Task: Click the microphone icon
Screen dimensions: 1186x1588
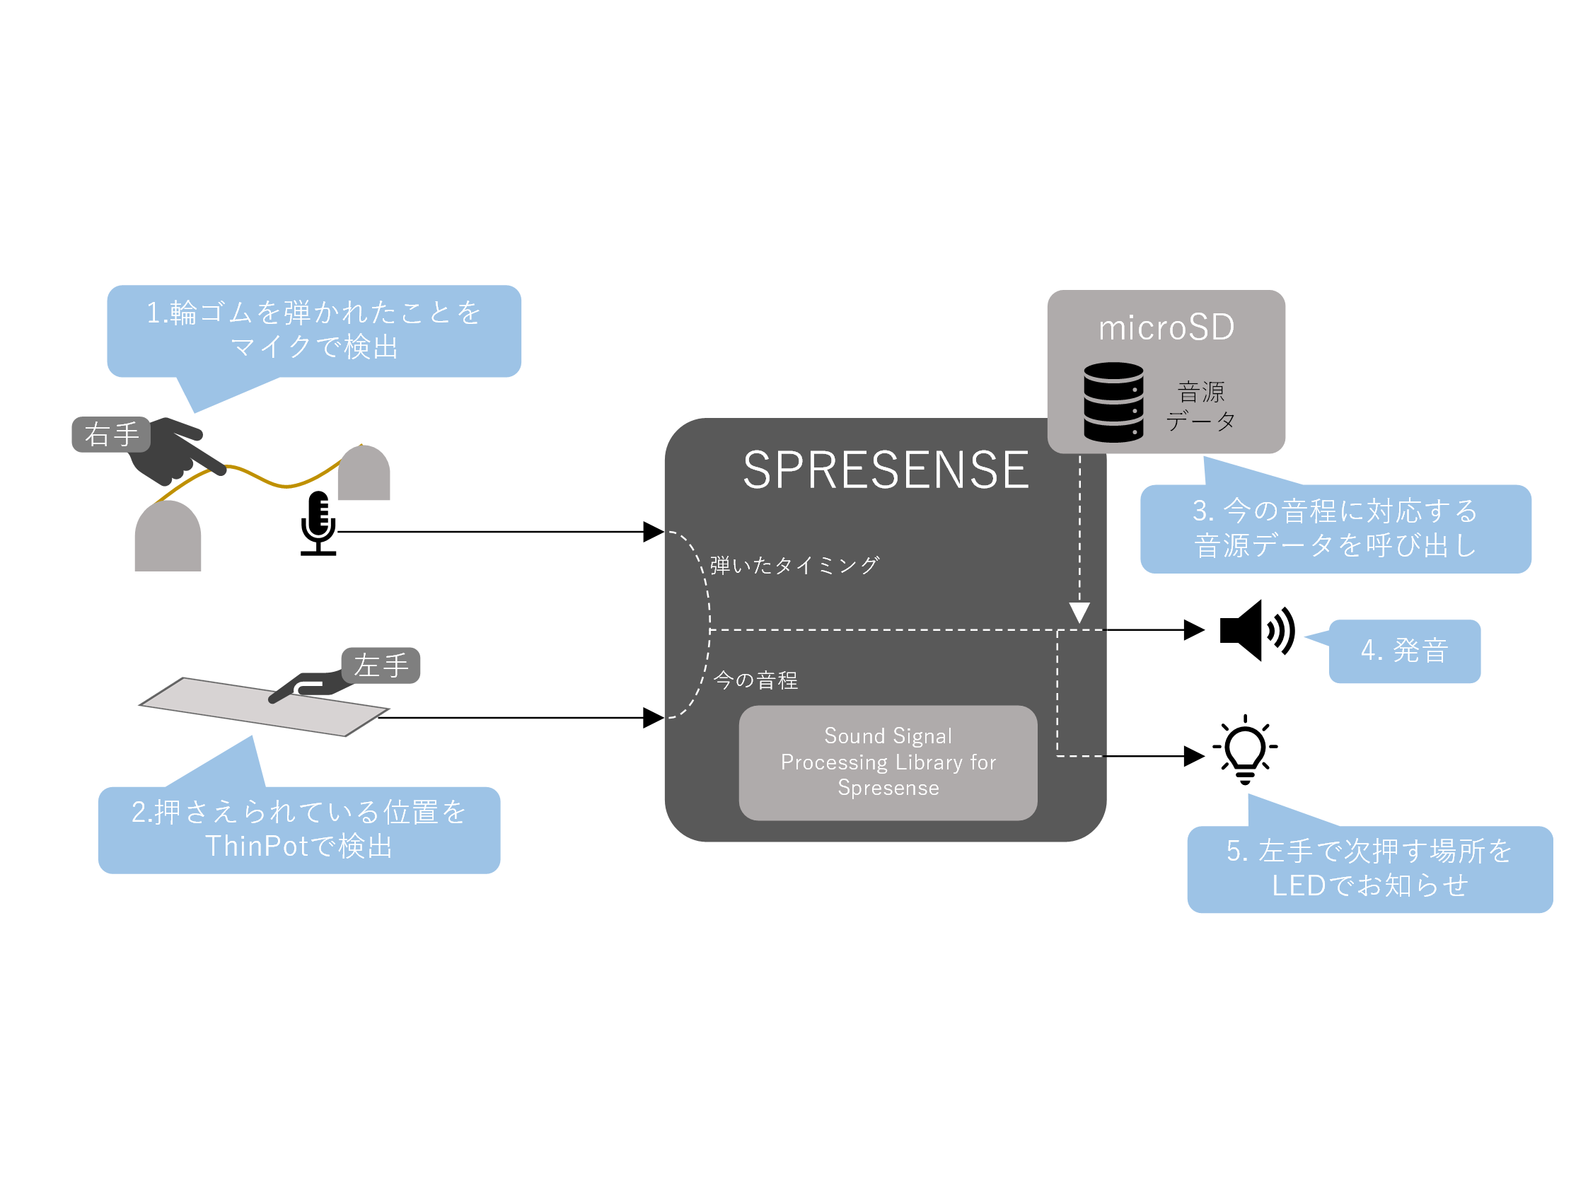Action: point(318,523)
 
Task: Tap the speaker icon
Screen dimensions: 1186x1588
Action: point(1256,630)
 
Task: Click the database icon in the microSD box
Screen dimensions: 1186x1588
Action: point(1113,402)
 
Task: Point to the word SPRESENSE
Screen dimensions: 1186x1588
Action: point(886,471)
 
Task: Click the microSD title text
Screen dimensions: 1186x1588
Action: point(1166,327)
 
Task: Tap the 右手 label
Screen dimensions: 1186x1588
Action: point(111,434)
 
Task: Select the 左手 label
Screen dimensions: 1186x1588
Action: point(381,665)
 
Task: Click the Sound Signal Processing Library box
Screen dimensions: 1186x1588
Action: point(888,762)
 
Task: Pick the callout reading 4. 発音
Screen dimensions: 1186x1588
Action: point(1404,651)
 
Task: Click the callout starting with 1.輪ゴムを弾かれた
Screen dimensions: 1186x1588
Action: point(314,330)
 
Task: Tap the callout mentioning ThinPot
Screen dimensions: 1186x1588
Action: point(299,829)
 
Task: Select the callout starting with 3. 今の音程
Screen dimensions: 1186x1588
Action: point(1335,528)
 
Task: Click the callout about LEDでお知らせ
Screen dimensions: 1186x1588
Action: point(1369,868)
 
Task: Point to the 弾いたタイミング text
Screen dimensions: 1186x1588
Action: point(794,566)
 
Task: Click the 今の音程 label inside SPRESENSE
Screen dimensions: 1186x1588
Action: point(756,680)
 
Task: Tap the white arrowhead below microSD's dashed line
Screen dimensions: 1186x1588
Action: point(1079,612)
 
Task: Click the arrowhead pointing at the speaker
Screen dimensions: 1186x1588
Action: point(1194,630)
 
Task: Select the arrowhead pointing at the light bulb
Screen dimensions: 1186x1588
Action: point(1194,756)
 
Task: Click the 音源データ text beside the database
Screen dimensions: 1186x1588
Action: point(1201,407)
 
